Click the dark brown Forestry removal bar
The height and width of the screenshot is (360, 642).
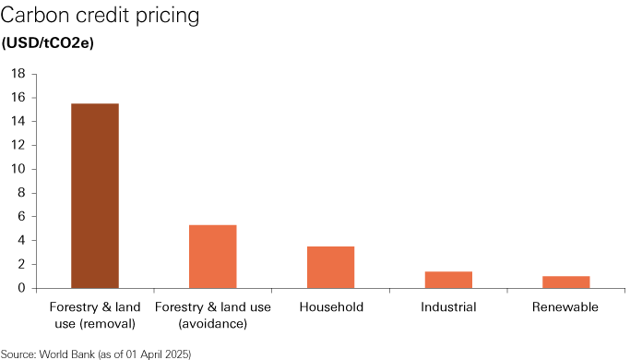[x=95, y=196]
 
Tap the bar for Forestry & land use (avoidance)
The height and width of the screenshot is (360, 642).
[x=212, y=257]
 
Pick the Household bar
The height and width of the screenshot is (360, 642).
[x=330, y=267]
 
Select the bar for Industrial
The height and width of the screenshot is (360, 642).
[x=448, y=280]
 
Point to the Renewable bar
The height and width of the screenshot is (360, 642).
[x=565, y=282]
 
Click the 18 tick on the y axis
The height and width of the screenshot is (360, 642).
[x=18, y=74]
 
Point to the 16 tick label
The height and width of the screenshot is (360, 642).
[x=18, y=98]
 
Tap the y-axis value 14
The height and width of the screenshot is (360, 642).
[x=18, y=122]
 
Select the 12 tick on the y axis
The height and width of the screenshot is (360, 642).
[x=18, y=145]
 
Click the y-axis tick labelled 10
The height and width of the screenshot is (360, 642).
[x=18, y=169]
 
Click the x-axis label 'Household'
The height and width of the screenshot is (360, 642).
[x=330, y=307]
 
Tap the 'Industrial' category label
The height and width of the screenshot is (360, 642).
[x=448, y=307]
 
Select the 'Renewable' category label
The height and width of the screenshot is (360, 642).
[x=565, y=307]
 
